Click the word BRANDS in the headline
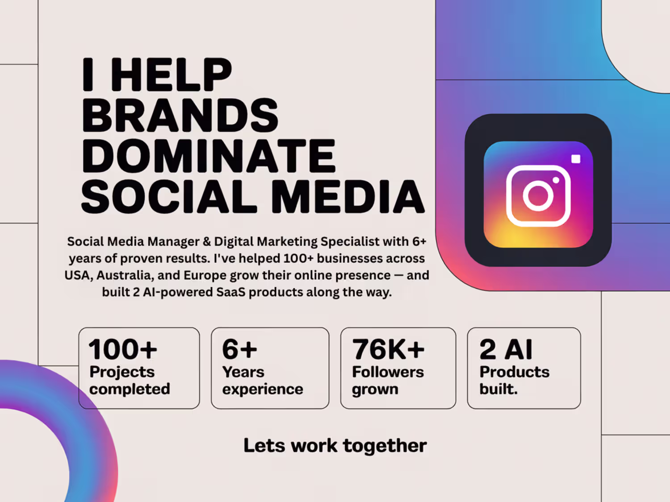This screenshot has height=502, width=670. (180, 115)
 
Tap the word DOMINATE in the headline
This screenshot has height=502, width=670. (209, 155)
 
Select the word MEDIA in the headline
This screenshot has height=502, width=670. (348, 196)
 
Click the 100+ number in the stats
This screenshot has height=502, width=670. (123, 349)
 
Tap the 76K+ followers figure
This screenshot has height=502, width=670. (388, 349)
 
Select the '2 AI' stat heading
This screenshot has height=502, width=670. (506, 349)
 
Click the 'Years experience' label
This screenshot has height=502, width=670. (263, 380)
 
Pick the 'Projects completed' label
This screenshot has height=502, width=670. (130, 380)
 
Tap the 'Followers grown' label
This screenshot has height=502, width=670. (388, 380)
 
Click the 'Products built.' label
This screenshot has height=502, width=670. (514, 380)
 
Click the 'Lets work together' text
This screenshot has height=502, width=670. (335, 446)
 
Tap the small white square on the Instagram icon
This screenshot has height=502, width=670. (576, 159)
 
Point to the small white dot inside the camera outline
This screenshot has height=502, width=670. (556, 180)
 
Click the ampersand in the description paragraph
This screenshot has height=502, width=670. (207, 242)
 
